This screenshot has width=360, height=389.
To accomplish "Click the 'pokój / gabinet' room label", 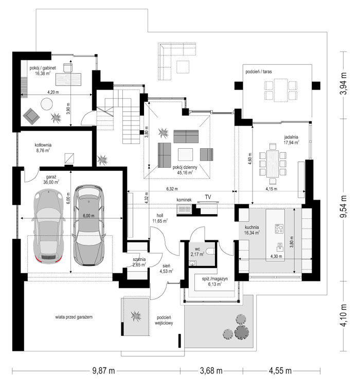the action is [43, 68].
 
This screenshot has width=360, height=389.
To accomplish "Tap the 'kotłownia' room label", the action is [43, 145].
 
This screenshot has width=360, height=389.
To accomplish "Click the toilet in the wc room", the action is [211, 251].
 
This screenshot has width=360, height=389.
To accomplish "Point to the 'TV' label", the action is [208, 197].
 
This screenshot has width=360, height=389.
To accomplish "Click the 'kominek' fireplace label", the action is [184, 200].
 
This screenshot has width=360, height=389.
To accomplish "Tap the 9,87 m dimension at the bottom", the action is [103, 371].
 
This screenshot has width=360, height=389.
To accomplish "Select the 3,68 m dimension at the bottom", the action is [211, 371].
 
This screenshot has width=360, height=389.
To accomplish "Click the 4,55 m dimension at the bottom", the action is [280, 371].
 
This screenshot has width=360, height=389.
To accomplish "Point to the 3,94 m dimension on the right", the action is [344, 84].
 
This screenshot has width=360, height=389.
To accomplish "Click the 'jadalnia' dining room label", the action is [291, 137].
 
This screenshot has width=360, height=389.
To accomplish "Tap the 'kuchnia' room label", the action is [251, 227].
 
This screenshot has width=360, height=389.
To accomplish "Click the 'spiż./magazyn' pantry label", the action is [214, 279].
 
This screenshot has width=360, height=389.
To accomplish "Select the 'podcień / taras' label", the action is [259, 72].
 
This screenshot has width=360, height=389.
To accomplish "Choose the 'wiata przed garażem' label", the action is [74, 317].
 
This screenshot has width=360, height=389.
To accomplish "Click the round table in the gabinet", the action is [46, 104].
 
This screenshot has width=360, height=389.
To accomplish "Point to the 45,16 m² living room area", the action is [185, 173].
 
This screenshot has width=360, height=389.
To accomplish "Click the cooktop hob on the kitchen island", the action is [279, 228].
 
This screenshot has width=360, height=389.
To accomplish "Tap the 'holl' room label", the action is [159, 216].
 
